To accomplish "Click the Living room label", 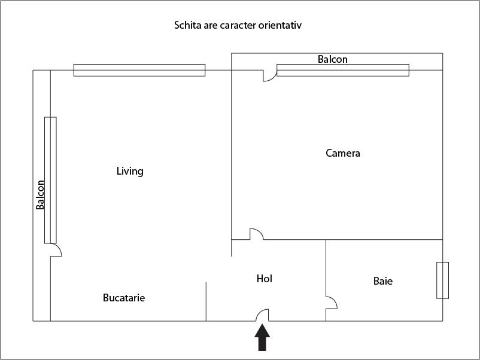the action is [130, 171].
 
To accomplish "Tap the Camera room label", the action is [342, 153].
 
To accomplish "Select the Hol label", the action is [265, 279].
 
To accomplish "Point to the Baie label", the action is [383, 281].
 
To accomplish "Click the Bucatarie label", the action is [124, 298].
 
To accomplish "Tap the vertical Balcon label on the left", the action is [40, 195].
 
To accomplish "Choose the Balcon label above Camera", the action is [332, 59].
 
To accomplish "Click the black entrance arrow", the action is [262, 337].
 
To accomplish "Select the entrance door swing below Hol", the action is [262, 315].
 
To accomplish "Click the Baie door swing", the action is [332, 303].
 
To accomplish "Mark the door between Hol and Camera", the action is [257, 234].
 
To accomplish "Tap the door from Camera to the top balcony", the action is [270, 76].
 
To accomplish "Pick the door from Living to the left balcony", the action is [56, 250].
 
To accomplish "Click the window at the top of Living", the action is [139, 70].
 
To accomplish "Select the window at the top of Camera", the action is [343, 70].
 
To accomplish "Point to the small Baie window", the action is [443, 280].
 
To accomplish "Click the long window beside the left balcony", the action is [50, 180].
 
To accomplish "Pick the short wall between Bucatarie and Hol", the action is [206, 301].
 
